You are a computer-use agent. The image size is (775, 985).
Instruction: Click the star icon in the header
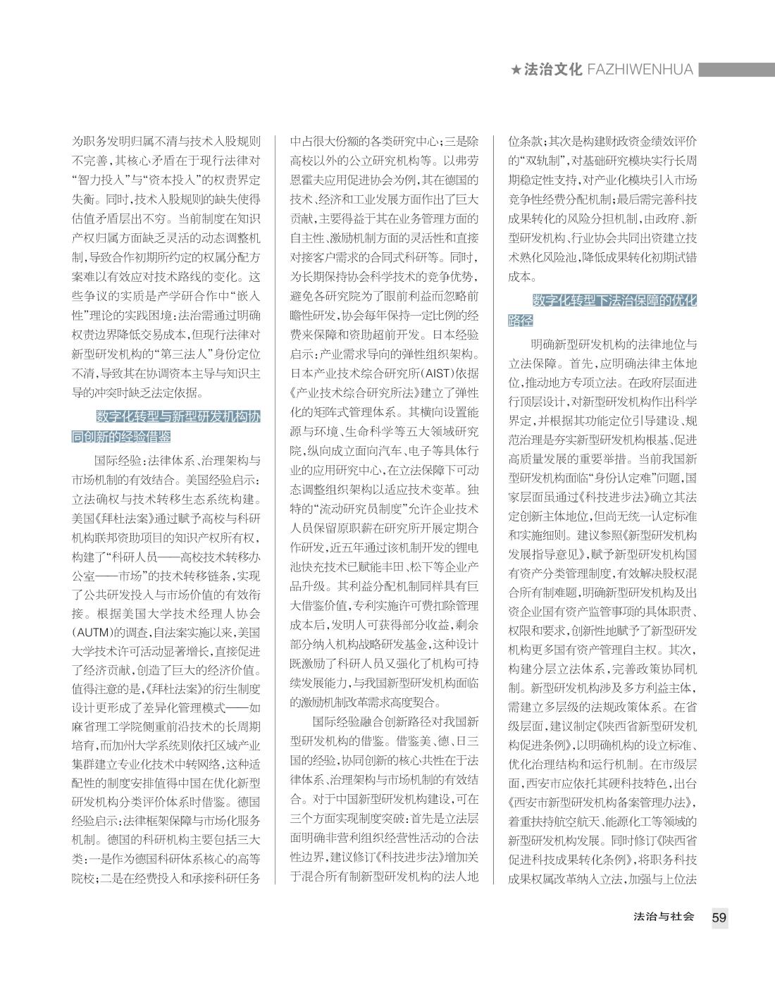pyautogui.click(x=516, y=70)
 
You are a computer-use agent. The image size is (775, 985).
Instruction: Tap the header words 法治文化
pyautogui.click(x=553, y=70)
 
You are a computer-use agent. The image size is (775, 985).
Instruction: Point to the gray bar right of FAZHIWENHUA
pyautogui.click(x=736, y=70)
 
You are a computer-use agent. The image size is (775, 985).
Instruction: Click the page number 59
pyautogui.click(x=719, y=917)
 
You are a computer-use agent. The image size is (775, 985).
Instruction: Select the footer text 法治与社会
pyautogui.click(x=664, y=917)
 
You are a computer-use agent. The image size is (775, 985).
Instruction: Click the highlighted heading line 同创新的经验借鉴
pyautogui.click(x=121, y=437)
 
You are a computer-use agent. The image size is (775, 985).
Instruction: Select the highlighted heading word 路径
pyautogui.click(x=521, y=321)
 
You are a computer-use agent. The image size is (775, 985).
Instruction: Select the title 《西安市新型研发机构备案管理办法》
pyautogui.click(x=602, y=802)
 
